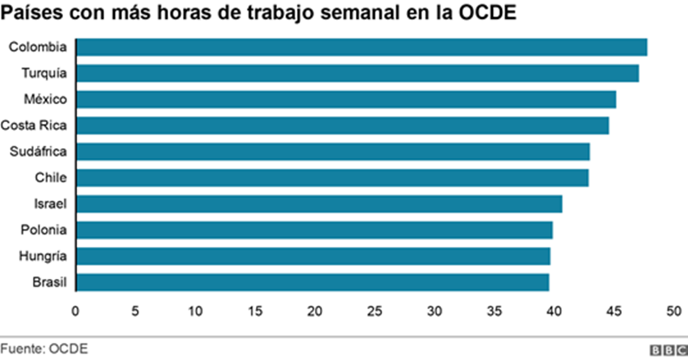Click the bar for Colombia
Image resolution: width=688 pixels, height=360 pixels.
(x=361, y=47)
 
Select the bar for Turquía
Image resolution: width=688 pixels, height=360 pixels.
(x=357, y=73)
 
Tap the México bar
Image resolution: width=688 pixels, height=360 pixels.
(x=345, y=99)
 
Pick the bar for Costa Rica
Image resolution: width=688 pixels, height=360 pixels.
(x=342, y=125)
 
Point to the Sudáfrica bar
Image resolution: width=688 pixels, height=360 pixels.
(x=332, y=152)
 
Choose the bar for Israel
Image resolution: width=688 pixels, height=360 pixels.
(x=319, y=203)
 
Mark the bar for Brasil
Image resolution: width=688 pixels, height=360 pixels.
(x=312, y=282)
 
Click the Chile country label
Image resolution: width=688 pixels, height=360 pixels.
(x=51, y=178)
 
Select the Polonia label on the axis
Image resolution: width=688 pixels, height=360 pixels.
(x=45, y=230)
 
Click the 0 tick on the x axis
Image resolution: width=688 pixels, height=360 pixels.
(x=75, y=312)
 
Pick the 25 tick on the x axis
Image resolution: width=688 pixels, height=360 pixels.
(x=375, y=312)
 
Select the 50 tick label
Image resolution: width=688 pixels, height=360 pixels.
(x=673, y=312)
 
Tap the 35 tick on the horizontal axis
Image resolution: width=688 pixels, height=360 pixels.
(x=494, y=312)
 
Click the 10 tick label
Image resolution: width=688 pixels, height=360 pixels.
(x=195, y=312)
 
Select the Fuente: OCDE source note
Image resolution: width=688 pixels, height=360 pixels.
(x=43, y=349)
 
